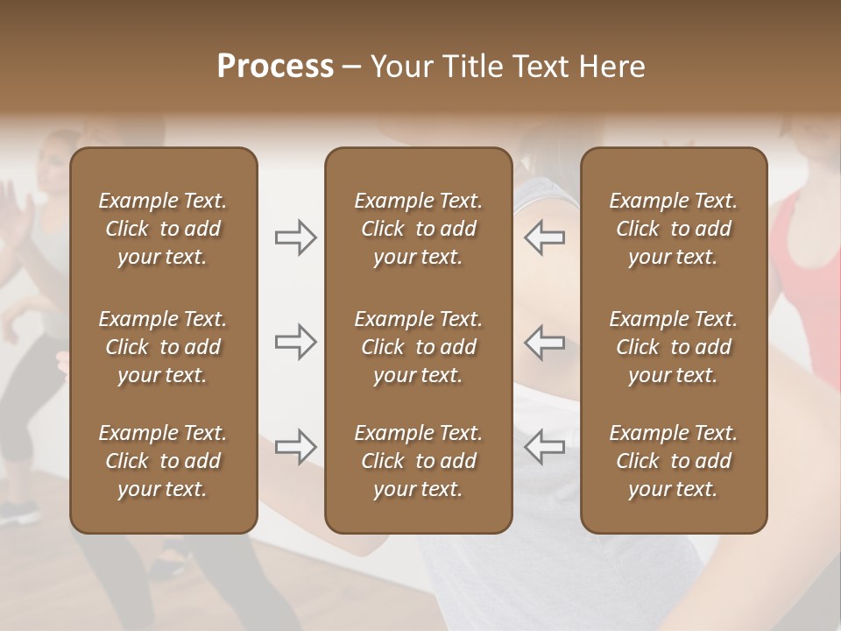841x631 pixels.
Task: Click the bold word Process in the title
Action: tap(275, 66)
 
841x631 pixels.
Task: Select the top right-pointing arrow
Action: tap(296, 238)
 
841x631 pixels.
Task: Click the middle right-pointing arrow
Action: tap(296, 342)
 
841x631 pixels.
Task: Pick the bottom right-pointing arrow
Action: tap(296, 446)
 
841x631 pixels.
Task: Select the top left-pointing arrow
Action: tap(545, 238)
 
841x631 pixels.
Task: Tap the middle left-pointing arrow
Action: tap(545, 342)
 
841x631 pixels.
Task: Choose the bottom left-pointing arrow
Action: tap(545, 446)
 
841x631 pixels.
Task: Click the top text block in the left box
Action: tap(163, 229)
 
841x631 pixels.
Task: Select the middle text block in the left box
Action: tap(163, 347)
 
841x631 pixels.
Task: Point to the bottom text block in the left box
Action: tap(163, 461)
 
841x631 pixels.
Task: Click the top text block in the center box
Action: tap(419, 229)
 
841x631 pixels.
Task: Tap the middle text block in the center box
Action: tap(419, 347)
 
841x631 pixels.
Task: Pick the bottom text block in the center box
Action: tap(419, 461)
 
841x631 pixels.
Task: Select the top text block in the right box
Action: tap(674, 229)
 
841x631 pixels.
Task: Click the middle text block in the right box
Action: tap(674, 347)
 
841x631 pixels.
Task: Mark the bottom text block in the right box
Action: tap(674, 461)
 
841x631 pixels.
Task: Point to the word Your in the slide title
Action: tap(398, 66)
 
